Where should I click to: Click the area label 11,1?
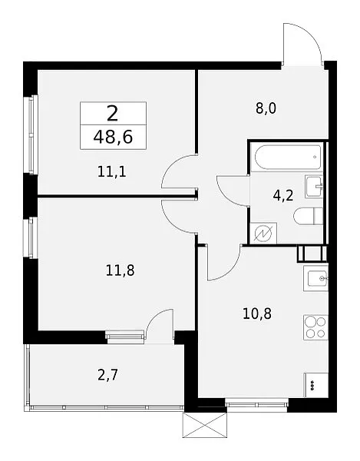pos(112,171)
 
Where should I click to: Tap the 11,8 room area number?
pos(120,270)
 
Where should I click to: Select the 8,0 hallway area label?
pos(266,109)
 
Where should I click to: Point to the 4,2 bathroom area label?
pos(283,195)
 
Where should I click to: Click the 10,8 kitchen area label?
pos(257,314)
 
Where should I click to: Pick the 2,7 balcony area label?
pos(108,376)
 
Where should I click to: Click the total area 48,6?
pos(114,138)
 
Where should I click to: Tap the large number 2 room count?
pos(113,114)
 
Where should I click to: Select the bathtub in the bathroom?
pos(288,158)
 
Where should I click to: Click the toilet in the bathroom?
pos(308,217)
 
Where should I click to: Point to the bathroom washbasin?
pos(314,187)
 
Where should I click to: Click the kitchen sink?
pos(316,278)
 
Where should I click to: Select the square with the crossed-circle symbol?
pos(263,233)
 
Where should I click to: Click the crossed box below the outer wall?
pos(205,425)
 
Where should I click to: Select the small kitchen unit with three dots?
pos(316,385)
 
